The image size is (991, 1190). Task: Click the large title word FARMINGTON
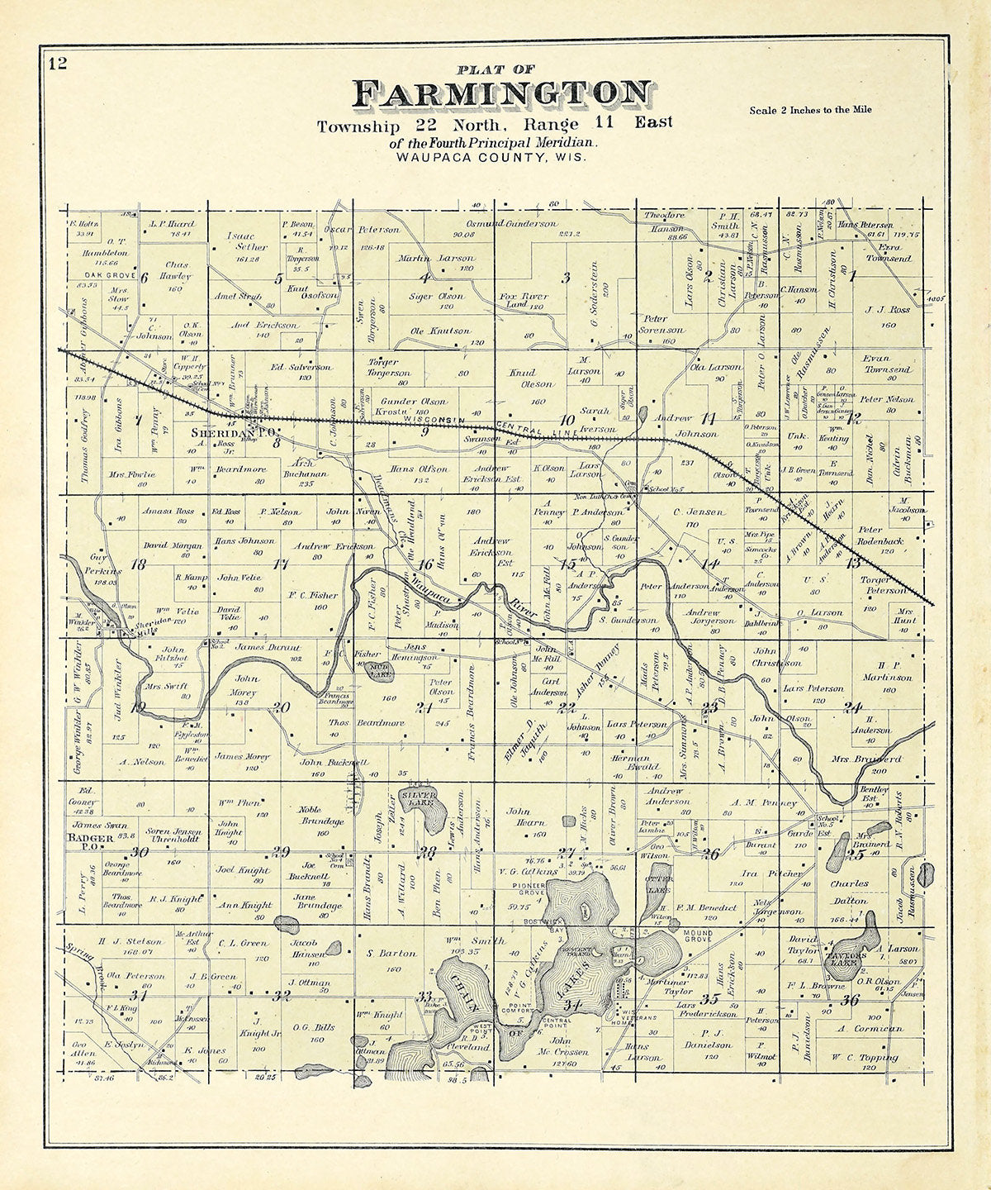(x=502, y=93)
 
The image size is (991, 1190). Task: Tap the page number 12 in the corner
(x=57, y=64)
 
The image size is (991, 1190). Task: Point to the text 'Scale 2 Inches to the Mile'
(x=810, y=110)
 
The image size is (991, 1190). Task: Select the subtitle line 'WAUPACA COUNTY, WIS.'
(x=491, y=157)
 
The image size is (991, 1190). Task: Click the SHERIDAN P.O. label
(x=233, y=432)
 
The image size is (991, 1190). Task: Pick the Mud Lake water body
(x=380, y=671)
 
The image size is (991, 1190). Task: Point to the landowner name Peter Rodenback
(x=880, y=535)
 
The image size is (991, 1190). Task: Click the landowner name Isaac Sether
(x=247, y=241)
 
